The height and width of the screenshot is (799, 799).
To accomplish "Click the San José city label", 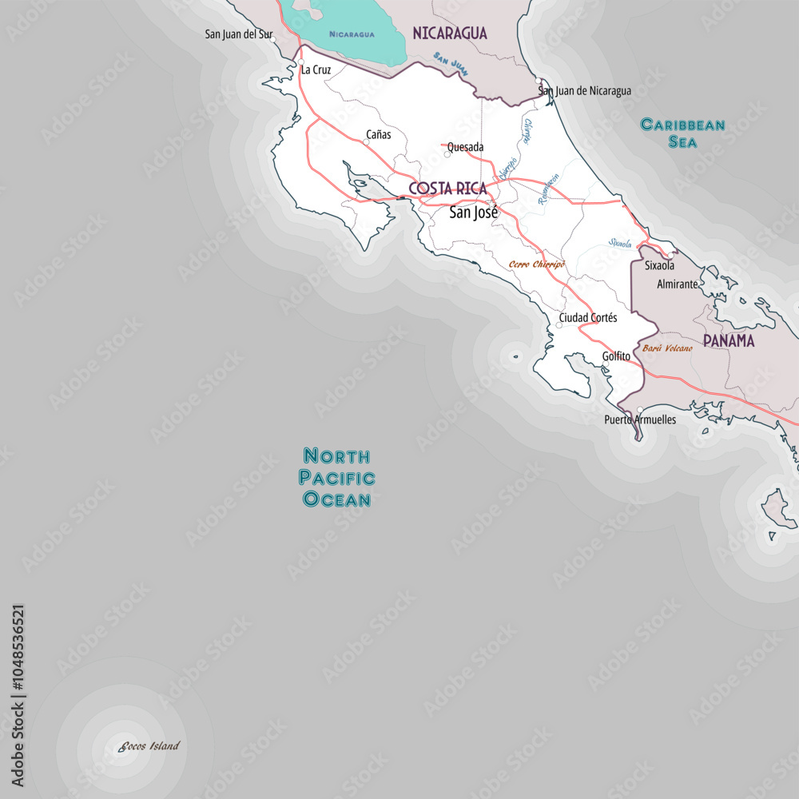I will [473, 213].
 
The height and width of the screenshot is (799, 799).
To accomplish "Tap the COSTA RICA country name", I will [447, 189].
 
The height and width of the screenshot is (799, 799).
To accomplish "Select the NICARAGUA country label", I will [449, 33].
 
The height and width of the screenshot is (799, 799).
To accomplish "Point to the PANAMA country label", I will [729, 340].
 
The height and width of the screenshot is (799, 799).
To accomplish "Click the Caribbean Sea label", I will [683, 133].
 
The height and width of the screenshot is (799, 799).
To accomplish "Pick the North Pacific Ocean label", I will [336, 478].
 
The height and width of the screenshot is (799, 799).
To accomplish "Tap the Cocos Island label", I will [149, 746].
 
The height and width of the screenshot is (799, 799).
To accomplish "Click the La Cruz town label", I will [316, 70].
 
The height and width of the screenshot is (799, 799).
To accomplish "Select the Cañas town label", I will [378, 134].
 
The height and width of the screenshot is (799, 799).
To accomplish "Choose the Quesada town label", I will [466, 147].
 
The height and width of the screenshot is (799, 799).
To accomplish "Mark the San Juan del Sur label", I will [237, 34].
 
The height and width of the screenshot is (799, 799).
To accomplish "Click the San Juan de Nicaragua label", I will [585, 91].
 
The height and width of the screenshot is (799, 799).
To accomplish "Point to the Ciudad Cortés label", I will [588, 318].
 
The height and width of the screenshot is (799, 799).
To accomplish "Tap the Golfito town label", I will [616, 356].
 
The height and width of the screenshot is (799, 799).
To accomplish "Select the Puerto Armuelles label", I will [640, 419].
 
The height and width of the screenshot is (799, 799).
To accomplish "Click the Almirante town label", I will [677, 284].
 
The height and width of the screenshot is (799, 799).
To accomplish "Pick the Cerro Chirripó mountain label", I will [537, 264].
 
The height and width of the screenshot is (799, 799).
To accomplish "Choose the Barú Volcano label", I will [667, 348].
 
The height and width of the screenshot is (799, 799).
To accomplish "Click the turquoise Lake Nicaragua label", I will [352, 34].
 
